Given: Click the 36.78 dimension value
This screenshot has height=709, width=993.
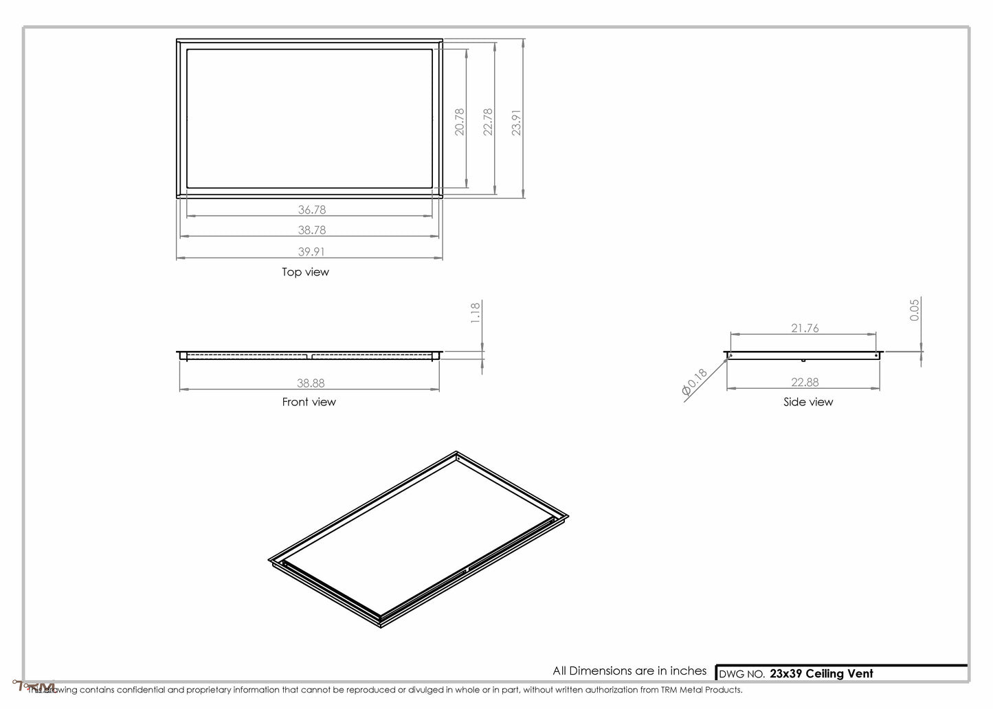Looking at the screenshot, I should tap(311, 210).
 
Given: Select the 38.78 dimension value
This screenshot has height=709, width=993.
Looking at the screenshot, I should tap(311, 230).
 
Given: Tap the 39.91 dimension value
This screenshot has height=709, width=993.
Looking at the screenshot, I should tap(311, 252).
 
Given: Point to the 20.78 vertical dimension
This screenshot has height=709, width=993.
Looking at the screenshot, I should tap(460, 121).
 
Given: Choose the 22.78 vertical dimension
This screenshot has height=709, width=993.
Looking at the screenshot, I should tap(488, 121).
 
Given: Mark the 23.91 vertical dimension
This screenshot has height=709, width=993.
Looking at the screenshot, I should tap(517, 122).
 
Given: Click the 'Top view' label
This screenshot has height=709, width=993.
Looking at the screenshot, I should tap(305, 272).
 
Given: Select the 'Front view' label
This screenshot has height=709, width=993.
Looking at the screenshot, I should tap(309, 402).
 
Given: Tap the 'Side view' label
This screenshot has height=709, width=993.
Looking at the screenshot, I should tap(807, 402).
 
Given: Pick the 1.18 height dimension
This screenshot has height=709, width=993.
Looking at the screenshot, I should tap(476, 313).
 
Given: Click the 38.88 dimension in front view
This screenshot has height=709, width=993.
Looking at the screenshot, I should tap(311, 383).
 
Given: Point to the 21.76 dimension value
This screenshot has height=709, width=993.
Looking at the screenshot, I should tap(805, 328).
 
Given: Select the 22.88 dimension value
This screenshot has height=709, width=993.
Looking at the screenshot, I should tap(805, 383).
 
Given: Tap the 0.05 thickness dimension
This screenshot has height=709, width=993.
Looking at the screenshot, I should tap(915, 310).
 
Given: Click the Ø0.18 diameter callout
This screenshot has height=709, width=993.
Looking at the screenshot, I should tap(694, 382).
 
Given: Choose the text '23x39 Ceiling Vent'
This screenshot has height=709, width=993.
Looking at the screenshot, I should tap(821, 674).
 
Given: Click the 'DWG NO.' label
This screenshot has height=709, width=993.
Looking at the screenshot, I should tap(741, 675).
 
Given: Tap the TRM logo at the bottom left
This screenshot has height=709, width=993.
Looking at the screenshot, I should tap(34, 686).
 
